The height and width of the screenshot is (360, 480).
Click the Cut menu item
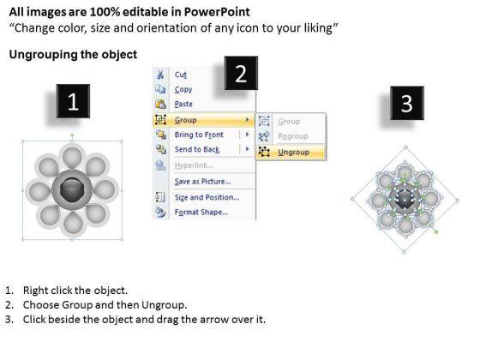coord(180,75)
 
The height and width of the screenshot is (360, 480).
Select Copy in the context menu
coord(183,89)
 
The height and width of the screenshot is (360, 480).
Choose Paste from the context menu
coord(183,104)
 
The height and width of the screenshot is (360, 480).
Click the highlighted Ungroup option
coord(293,153)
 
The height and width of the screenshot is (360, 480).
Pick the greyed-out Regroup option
coord(292,136)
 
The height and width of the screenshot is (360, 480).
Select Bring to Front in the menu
coord(199,135)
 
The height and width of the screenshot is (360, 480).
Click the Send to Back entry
coord(197,149)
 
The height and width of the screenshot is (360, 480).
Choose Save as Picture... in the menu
coord(202,182)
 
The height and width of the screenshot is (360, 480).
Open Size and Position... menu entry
coord(207,197)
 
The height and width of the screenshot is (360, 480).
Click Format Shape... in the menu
coord(201,213)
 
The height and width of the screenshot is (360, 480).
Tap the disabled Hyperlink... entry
coord(194,165)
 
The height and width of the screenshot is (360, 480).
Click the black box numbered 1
coord(73,101)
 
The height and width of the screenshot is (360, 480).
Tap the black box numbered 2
coord(241,73)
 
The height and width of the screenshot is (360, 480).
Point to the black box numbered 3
coord(407,103)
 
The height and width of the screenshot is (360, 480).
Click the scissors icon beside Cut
coord(160,75)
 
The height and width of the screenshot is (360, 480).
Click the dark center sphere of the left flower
coord(72,189)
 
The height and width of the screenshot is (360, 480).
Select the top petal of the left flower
coord(72,156)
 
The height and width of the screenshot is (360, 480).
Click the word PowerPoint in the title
coord(217,12)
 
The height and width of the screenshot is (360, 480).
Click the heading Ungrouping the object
coord(73,55)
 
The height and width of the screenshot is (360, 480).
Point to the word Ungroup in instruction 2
coord(164,305)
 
